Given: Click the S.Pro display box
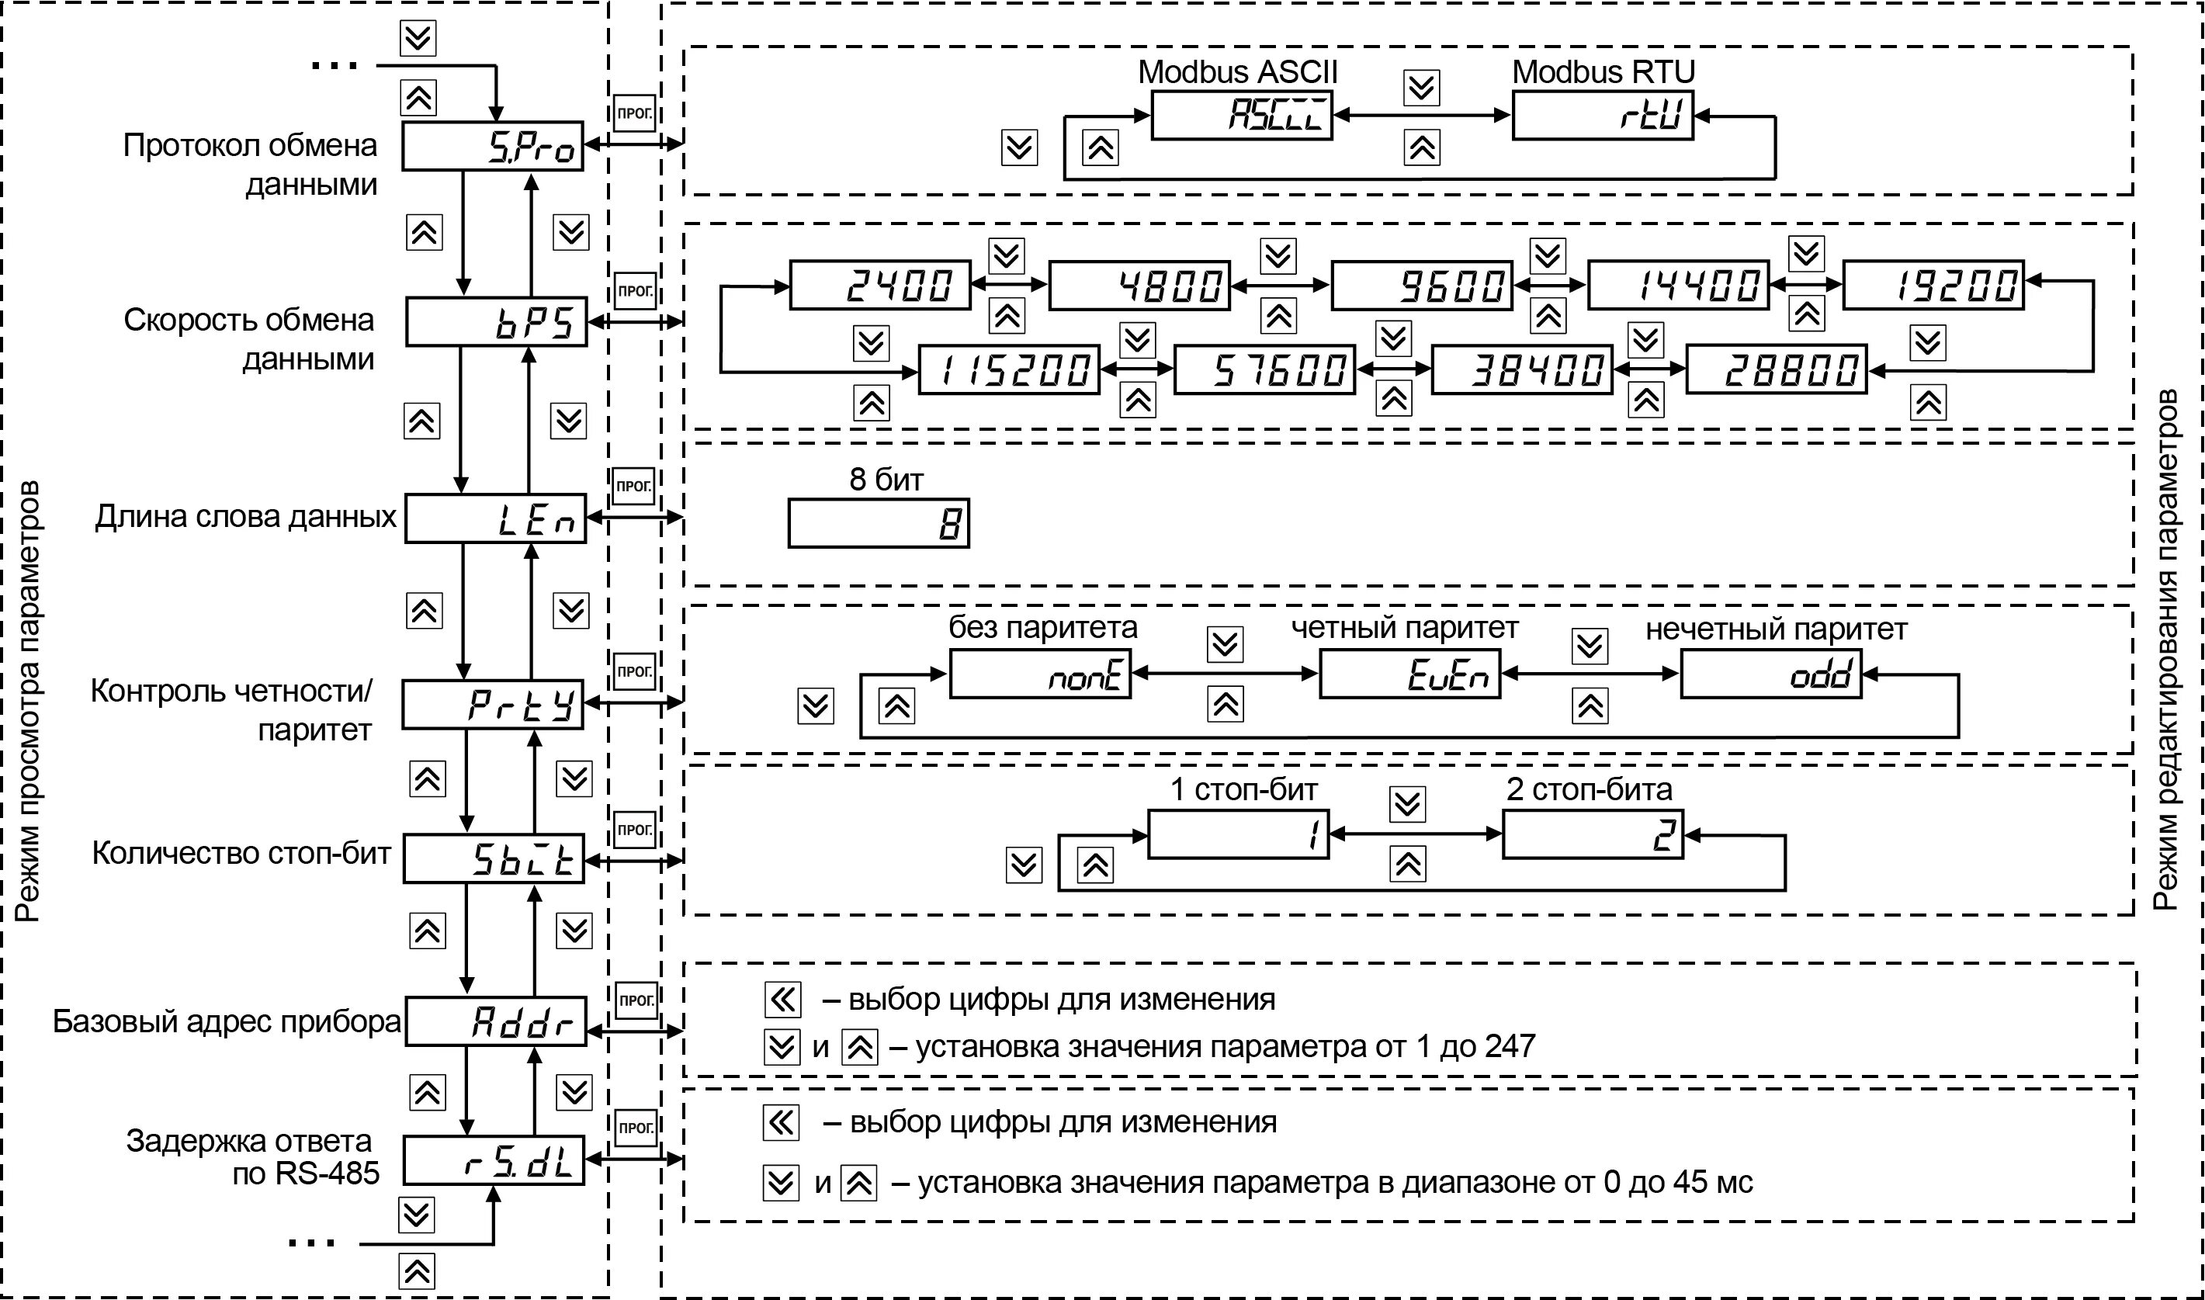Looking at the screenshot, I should point(492,146).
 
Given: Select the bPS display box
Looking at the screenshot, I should point(496,322).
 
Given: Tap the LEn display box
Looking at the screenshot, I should point(495,518).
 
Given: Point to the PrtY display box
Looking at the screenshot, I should point(492,704).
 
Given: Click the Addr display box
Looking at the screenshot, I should point(495,1021).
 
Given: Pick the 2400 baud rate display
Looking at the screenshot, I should point(880,286).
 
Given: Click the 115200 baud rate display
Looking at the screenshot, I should point(1008,370).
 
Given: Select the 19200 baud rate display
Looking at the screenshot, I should point(1933,285).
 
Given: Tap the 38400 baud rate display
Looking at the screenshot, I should point(1522,370).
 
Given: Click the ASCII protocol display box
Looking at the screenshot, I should point(1241,115).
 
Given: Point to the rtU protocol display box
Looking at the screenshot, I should point(1602,115).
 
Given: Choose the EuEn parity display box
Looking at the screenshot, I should point(1409,674).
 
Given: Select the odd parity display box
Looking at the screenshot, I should point(1770,674).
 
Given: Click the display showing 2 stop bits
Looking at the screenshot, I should point(1593,835).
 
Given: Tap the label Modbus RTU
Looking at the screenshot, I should point(1603,72).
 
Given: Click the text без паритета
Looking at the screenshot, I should point(1042,628).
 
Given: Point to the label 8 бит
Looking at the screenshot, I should point(886,479).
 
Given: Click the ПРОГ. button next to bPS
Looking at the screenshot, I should point(634,291).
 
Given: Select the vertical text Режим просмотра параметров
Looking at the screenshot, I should point(28,701).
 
